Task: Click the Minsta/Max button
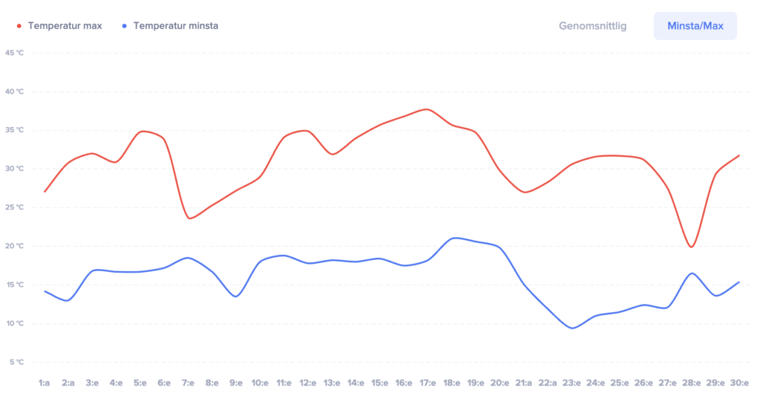click(695, 26)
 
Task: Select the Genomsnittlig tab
click(592, 26)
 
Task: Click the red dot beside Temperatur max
click(19, 26)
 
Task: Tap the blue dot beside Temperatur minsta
click(125, 26)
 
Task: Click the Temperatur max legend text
click(65, 26)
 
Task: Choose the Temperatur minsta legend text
click(175, 26)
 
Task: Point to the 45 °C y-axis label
click(15, 53)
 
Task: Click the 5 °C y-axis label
click(16, 362)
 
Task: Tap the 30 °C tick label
click(15, 169)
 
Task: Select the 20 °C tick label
click(15, 246)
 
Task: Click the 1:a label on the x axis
click(45, 383)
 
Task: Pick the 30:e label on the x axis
click(739, 383)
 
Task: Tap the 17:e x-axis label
click(427, 383)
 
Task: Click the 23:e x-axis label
click(571, 383)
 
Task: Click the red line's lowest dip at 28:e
click(691, 247)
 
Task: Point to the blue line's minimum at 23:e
click(571, 328)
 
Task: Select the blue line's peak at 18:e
click(455, 238)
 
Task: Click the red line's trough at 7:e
click(190, 218)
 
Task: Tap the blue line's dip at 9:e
click(236, 296)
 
